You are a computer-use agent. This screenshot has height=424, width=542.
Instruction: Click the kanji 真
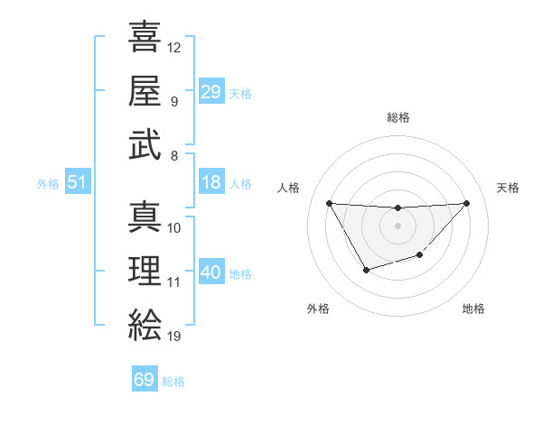(145, 217)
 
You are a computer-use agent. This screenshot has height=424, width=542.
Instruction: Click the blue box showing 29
(210, 92)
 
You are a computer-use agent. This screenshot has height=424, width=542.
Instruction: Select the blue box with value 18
(210, 182)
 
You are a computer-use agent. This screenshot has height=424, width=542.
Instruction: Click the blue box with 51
(77, 183)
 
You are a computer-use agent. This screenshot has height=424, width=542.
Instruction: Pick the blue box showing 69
(144, 380)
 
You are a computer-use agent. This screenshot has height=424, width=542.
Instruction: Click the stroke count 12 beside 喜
(174, 47)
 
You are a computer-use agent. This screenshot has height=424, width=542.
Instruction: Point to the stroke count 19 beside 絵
(174, 336)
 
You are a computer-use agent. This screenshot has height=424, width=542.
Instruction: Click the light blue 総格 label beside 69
(173, 382)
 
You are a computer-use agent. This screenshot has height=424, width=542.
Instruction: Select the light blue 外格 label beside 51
(48, 184)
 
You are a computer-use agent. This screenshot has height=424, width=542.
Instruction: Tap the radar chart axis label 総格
(397, 117)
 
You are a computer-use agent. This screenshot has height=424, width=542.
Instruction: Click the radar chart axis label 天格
(509, 188)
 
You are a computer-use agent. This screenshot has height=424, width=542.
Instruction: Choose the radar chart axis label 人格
(289, 188)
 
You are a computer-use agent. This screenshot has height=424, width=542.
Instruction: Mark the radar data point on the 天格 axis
(466, 203)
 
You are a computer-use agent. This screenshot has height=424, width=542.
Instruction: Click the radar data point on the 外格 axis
(366, 270)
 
